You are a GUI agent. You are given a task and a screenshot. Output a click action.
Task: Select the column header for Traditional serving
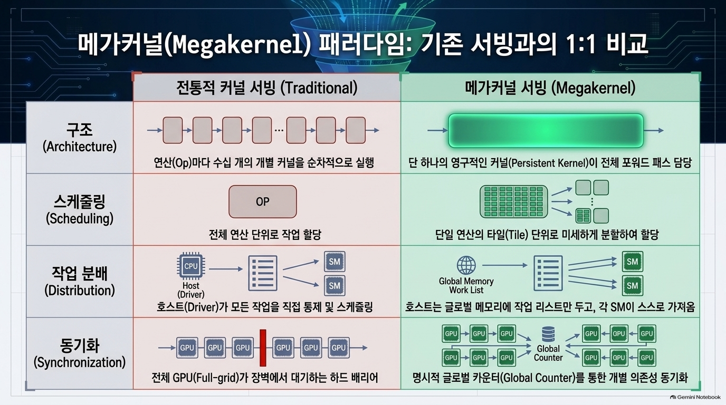tap(267, 88)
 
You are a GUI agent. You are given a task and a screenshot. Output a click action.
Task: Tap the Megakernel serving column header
tap(550, 88)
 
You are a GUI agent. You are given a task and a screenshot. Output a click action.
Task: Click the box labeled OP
tap(263, 201)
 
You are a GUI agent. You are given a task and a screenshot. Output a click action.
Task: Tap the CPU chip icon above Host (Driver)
tap(191, 266)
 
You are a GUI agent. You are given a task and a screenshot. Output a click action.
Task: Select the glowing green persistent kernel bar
tap(546, 131)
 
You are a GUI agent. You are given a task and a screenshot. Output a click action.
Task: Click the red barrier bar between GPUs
tap(263, 348)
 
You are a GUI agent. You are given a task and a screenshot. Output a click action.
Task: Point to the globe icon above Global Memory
tap(466, 265)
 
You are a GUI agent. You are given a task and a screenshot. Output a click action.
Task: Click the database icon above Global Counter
tap(548, 334)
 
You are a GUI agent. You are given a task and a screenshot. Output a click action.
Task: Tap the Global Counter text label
tap(548, 353)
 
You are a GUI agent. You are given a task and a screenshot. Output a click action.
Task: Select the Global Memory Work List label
tap(466, 285)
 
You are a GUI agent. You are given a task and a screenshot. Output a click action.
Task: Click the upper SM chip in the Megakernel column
tap(632, 262)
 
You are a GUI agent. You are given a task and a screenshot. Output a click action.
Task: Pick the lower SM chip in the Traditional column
tap(335, 285)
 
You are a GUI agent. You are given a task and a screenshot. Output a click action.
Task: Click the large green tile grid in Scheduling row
tap(514, 201)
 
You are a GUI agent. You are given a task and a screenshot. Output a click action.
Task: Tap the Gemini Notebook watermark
tap(695, 397)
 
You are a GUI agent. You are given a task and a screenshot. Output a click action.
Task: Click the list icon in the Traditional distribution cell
tap(263, 273)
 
